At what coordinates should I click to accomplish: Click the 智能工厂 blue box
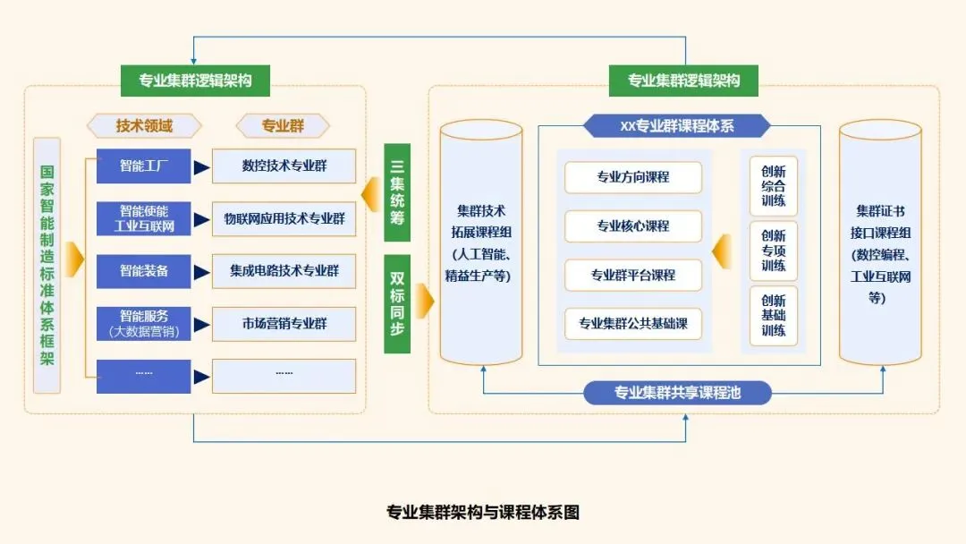(x=143, y=166)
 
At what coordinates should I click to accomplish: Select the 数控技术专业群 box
(x=284, y=166)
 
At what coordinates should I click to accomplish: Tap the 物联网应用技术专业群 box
(x=284, y=217)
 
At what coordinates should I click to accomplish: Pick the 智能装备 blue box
(x=143, y=270)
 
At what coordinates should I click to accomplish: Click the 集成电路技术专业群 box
(x=284, y=270)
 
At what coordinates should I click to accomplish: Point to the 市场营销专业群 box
(x=284, y=323)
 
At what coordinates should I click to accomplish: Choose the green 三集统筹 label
(x=397, y=192)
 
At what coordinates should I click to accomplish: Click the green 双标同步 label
(x=397, y=304)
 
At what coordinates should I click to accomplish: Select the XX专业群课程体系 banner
(x=676, y=125)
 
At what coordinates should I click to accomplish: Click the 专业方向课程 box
(x=632, y=177)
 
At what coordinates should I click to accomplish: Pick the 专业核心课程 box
(x=632, y=226)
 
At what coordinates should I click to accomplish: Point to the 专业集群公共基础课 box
(x=632, y=323)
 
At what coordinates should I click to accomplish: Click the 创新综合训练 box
(x=773, y=186)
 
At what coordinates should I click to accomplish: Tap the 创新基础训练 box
(x=773, y=316)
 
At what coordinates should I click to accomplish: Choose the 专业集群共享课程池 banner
(x=677, y=392)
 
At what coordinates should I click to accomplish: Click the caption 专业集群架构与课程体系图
(x=482, y=513)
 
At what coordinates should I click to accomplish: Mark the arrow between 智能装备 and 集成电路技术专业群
(x=202, y=270)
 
